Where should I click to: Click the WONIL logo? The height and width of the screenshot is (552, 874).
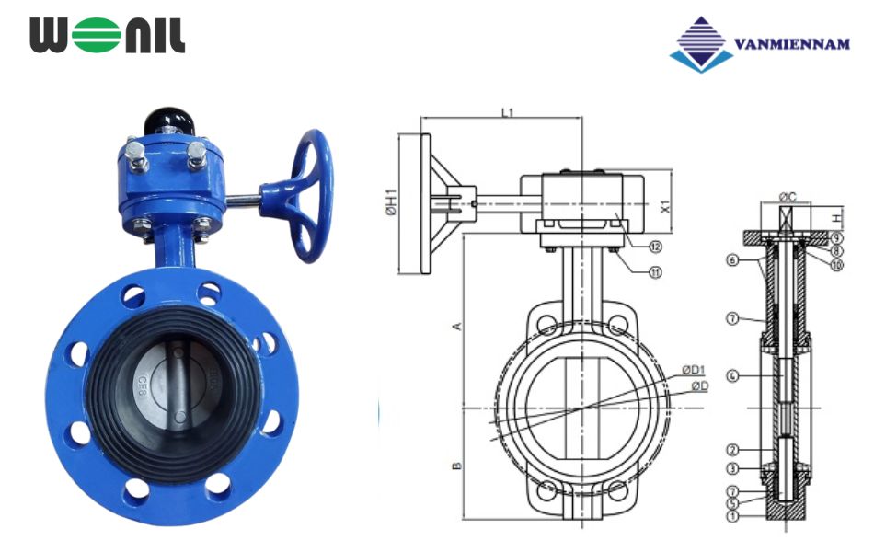107,35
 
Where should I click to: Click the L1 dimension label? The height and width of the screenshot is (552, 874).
507,111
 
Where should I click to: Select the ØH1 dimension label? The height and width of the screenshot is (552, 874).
390,203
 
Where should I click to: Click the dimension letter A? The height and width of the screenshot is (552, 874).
455,327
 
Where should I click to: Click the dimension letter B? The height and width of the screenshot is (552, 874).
455,466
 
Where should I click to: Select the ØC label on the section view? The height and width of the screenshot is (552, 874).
788,196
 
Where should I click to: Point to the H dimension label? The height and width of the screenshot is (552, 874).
835,218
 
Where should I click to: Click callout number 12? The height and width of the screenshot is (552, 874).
655,247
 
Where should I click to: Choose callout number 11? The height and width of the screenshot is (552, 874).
655,272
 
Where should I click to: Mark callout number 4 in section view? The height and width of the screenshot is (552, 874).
732,375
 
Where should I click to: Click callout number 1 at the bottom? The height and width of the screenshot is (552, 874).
732,517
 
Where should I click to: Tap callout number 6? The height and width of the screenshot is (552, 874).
732,261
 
